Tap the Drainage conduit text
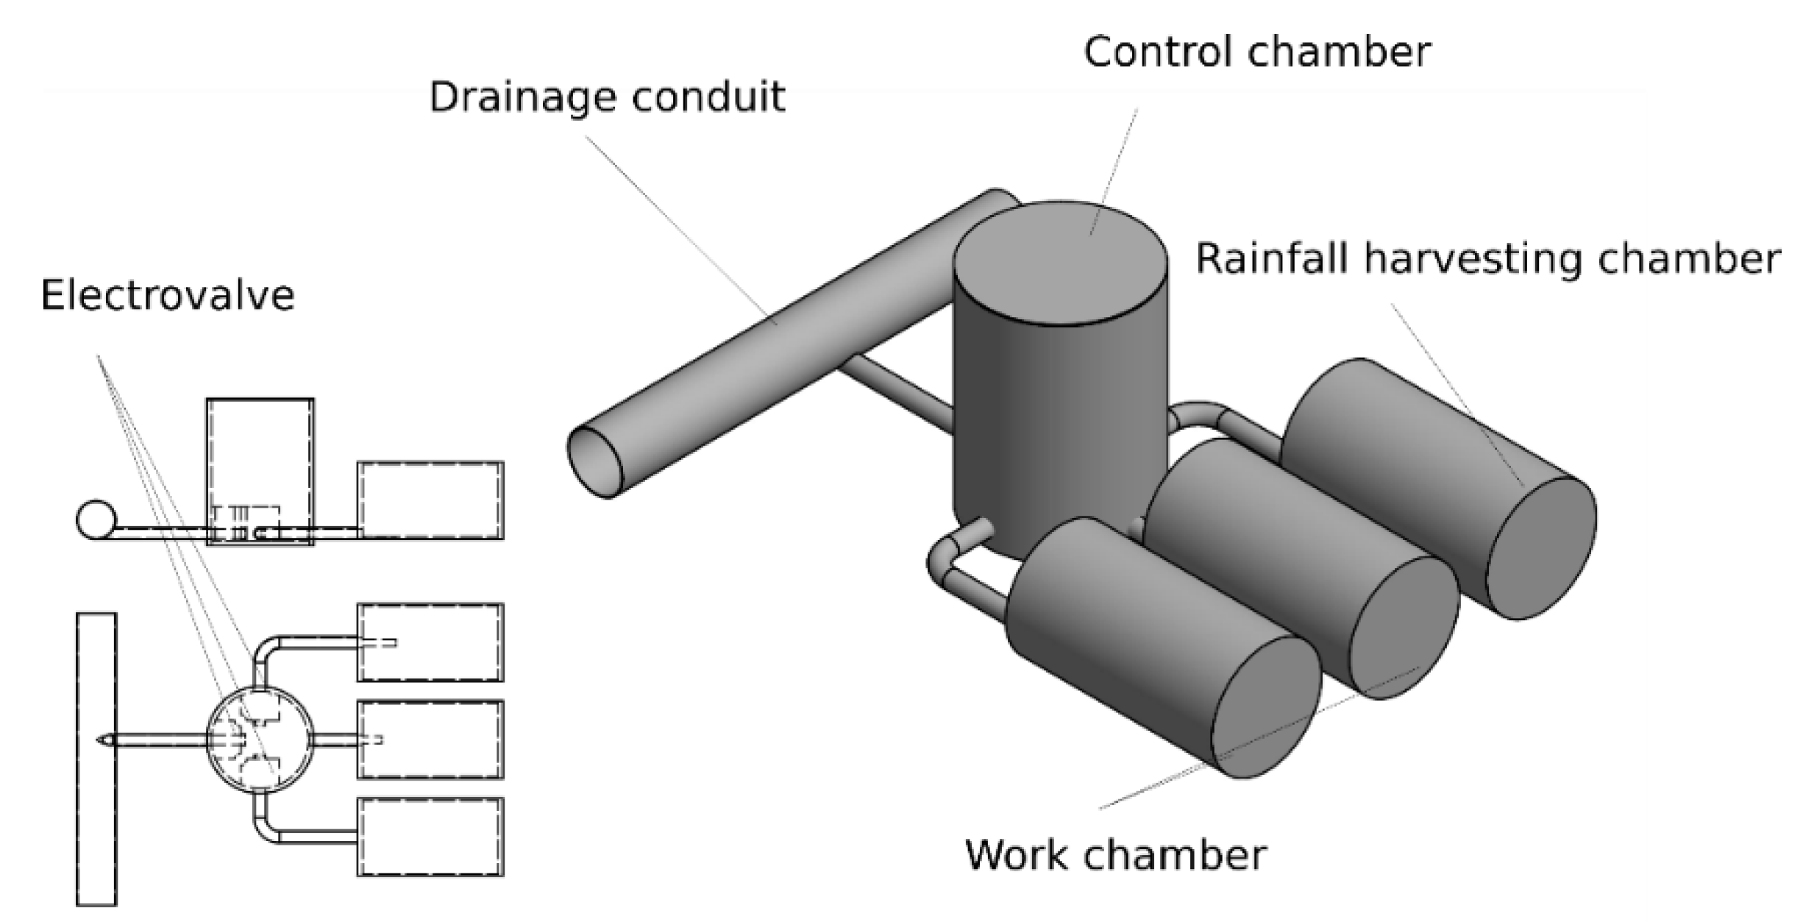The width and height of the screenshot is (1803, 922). (x=607, y=98)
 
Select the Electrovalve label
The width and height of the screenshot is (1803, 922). (x=168, y=296)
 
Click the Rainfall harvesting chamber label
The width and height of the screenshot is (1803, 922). (x=1487, y=259)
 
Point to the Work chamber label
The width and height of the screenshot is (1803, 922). (x=1115, y=855)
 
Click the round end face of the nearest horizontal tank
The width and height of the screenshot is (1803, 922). (x=1265, y=706)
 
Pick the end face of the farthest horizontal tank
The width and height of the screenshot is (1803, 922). (x=1540, y=548)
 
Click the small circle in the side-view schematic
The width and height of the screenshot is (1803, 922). (x=96, y=519)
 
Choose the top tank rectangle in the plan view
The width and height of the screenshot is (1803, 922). (x=430, y=642)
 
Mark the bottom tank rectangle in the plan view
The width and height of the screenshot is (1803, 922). (x=430, y=837)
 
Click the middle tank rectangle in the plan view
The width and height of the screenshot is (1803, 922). (x=430, y=740)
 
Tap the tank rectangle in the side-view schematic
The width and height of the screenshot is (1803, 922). (x=430, y=500)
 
